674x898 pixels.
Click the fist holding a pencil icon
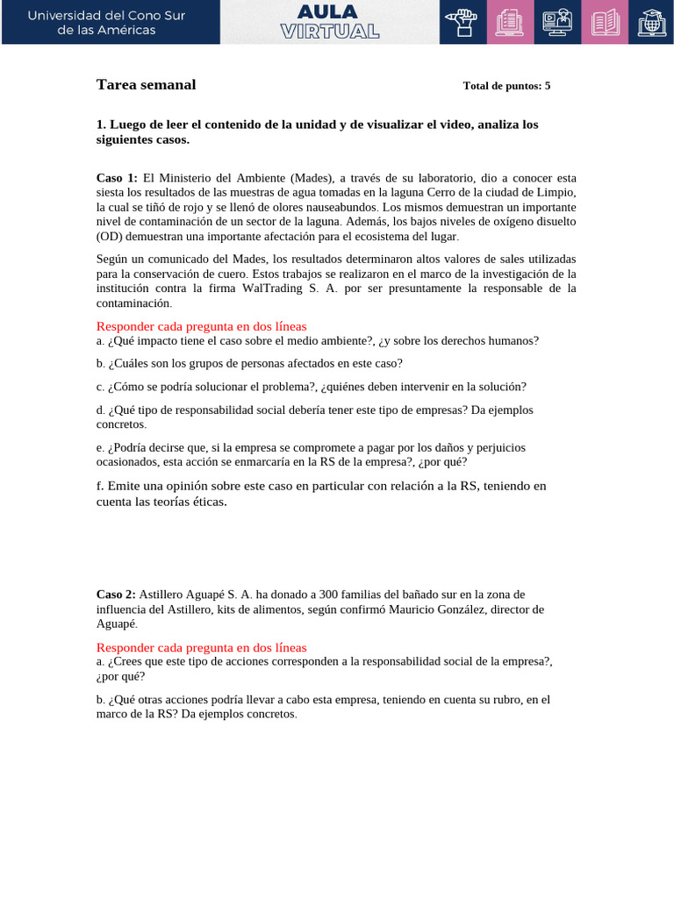click(x=462, y=22)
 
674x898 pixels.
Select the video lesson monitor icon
click(x=557, y=22)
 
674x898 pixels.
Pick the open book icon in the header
click(x=605, y=22)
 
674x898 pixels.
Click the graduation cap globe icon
click(x=651, y=22)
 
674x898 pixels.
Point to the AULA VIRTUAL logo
click(x=330, y=22)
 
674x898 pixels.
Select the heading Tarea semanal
click(x=146, y=85)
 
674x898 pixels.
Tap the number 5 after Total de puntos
click(x=548, y=86)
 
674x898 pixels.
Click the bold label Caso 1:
click(x=117, y=177)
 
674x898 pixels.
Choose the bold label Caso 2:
click(x=116, y=595)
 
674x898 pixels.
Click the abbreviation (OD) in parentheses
click(x=111, y=237)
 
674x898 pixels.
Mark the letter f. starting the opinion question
click(x=100, y=486)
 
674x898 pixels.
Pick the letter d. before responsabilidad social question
click(x=100, y=410)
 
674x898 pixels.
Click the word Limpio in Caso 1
click(x=556, y=192)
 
